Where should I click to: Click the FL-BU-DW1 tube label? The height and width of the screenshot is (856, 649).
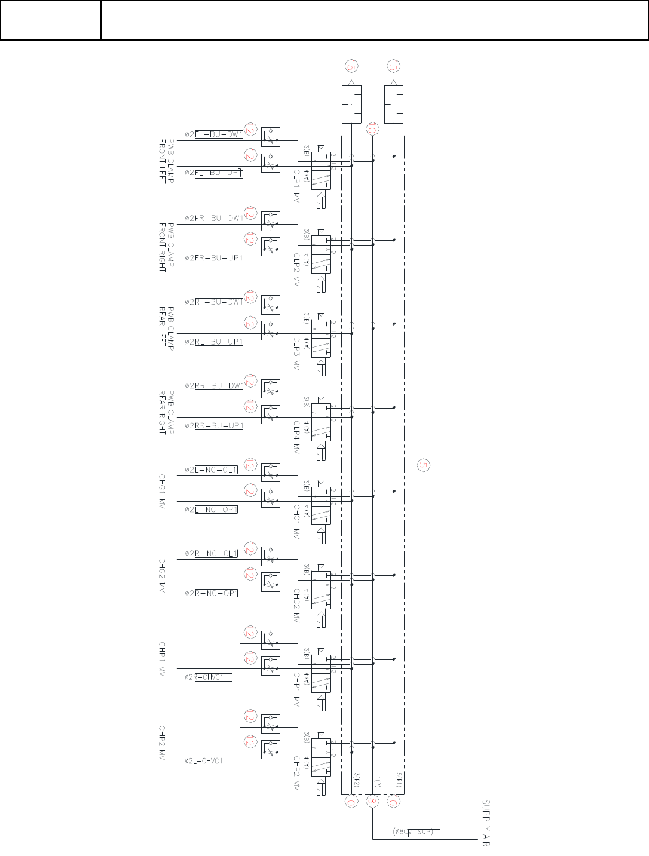(x=219, y=134)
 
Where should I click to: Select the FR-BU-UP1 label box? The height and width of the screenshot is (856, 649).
(x=219, y=258)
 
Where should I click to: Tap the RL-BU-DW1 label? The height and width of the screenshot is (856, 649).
(x=219, y=302)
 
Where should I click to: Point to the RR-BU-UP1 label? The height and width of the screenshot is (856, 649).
(x=219, y=426)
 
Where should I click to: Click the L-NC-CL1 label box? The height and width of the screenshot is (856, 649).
(x=216, y=470)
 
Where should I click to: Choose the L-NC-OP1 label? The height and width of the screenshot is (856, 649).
(x=216, y=510)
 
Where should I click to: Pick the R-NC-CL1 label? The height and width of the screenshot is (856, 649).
(x=216, y=554)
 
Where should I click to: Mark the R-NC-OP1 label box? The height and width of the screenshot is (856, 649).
(x=216, y=593)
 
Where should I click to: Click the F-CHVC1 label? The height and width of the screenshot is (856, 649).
(x=213, y=677)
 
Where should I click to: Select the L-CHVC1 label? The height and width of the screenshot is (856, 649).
(x=213, y=761)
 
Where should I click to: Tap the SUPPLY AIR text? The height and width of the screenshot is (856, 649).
(x=486, y=823)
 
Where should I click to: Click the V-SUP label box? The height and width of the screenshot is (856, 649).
(x=424, y=832)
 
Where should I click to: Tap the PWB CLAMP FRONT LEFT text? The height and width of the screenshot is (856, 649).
(x=166, y=161)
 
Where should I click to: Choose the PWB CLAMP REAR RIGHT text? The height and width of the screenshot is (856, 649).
(x=166, y=413)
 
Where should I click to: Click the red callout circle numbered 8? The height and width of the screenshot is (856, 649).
(x=372, y=802)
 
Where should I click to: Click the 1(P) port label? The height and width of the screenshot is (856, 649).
(x=377, y=781)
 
